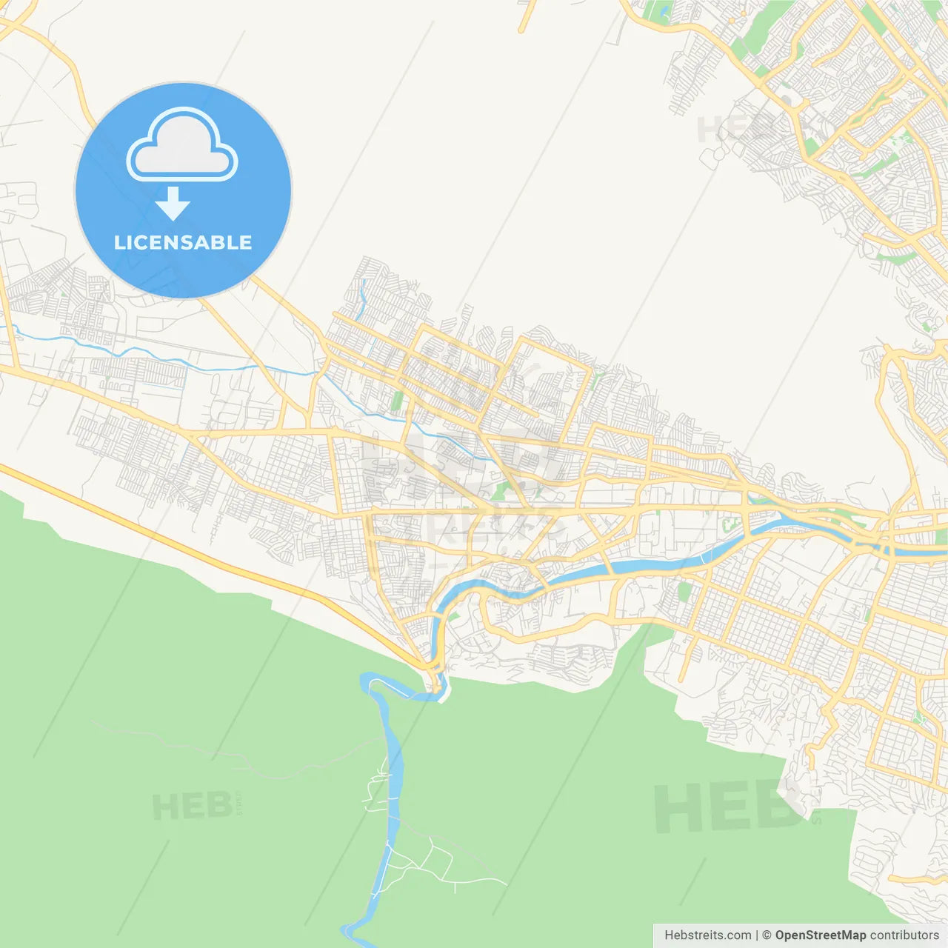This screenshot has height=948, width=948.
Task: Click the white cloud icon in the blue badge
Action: tap(182, 146)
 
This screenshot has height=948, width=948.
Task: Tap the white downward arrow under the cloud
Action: tap(173, 204)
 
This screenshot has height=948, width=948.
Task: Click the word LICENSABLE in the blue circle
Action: tap(183, 243)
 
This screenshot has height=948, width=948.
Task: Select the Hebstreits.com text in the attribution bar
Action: tap(707, 935)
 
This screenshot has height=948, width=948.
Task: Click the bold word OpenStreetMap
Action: tap(820, 935)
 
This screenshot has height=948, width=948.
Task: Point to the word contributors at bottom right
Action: tap(904, 935)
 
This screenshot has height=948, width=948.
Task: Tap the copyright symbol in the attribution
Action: tap(767, 935)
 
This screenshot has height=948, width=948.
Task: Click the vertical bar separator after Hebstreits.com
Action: tap(757, 935)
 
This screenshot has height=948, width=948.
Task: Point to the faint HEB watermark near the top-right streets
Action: tap(730, 130)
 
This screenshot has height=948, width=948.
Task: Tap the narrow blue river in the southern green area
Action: tap(393, 800)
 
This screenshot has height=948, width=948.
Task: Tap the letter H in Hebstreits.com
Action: tap(669, 935)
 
